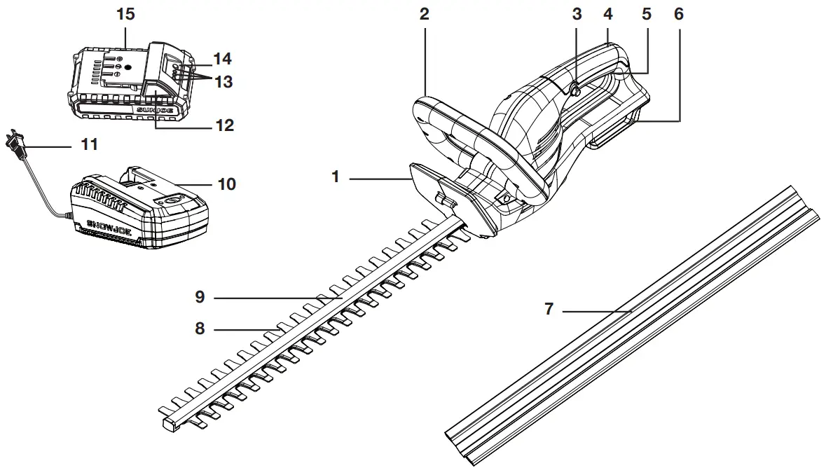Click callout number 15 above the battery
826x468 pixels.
[125, 15]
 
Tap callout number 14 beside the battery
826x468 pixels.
[223, 59]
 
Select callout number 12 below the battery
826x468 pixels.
[224, 126]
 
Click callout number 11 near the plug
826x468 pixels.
[89, 146]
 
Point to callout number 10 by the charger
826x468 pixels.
[227, 185]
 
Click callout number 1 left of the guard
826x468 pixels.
[336, 177]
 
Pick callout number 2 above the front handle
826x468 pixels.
[424, 15]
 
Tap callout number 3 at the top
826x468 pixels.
[577, 15]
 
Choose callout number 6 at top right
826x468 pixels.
[678, 15]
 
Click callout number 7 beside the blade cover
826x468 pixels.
[549, 309]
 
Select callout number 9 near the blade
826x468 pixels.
[200, 298]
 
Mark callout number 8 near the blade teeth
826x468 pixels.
[200, 328]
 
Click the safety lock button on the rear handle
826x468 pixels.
[574, 89]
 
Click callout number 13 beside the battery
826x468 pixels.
[223, 82]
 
